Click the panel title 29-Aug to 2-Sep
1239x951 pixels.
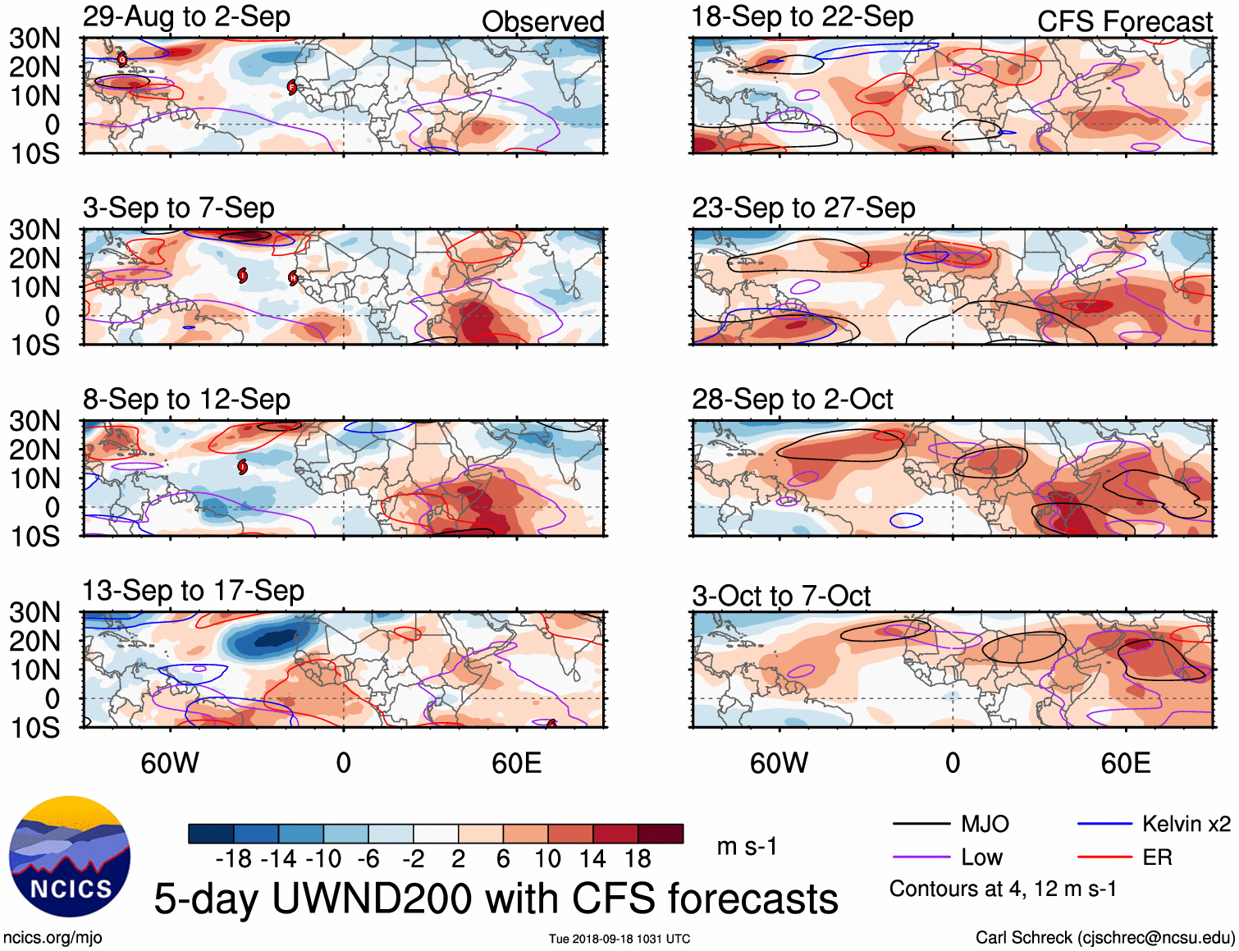(x=186, y=16)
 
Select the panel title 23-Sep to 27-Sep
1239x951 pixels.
(x=802, y=208)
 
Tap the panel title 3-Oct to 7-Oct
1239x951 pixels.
(x=780, y=596)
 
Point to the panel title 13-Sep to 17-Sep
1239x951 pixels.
(x=193, y=591)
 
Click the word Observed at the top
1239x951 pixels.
(x=542, y=22)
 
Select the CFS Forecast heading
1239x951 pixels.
(x=1124, y=22)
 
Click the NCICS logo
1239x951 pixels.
(x=70, y=857)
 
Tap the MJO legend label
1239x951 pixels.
(x=985, y=824)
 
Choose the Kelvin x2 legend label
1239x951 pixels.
(x=1186, y=824)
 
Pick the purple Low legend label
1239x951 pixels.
(x=981, y=857)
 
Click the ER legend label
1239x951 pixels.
(x=1157, y=857)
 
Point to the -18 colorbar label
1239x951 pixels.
(x=233, y=859)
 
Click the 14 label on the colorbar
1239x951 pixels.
(x=592, y=859)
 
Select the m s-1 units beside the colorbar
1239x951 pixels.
(x=747, y=846)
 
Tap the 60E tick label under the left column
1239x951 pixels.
(x=516, y=763)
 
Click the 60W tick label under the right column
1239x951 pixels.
(x=779, y=763)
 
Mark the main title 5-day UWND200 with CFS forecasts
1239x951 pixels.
(x=496, y=898)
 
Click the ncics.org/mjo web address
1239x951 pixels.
(x=53, y=938)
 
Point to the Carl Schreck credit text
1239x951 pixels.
(x=1104, y=938)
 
